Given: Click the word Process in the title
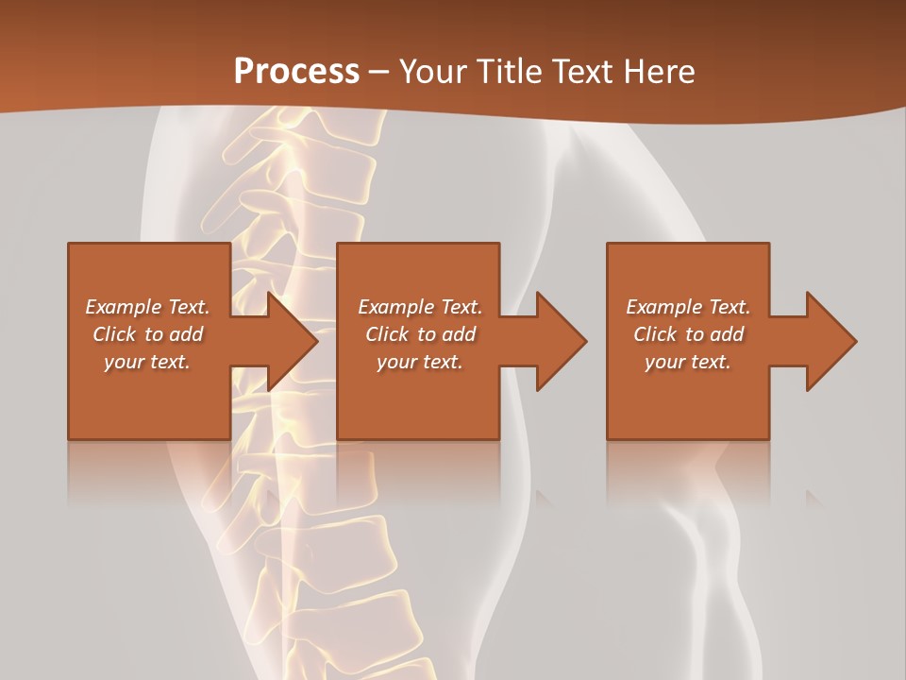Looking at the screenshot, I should point(296,72).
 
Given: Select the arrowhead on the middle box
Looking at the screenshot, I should point(560,341).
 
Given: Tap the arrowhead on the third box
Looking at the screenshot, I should point(830,341).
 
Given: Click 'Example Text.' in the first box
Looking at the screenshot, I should point(148,307).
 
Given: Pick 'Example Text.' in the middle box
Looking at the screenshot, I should point(420,307).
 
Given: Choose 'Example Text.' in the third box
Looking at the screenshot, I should point(688,307).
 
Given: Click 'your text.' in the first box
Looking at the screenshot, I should point(147,362).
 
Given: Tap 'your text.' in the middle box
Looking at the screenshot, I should point(420,362).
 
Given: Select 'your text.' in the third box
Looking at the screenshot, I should point(688,362).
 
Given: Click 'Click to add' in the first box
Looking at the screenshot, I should point(148,334).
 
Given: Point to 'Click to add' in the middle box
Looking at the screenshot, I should point(420,334).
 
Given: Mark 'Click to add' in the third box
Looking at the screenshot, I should point(688,334).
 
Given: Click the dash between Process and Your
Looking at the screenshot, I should point(379,72).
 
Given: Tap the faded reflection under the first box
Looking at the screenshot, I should point(149,472).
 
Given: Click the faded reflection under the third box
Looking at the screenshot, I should point(688,472).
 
